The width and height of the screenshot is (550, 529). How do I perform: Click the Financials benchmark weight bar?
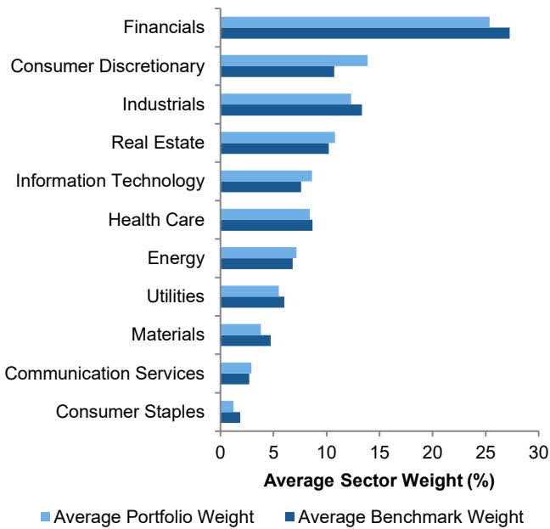[365, 33]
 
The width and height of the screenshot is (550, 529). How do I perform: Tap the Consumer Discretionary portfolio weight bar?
[294, 60]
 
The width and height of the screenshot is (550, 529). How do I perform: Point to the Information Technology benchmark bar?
[261, 187]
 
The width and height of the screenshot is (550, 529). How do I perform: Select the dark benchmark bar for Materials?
[245, 340]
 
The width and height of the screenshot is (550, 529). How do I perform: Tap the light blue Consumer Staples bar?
[227, 407]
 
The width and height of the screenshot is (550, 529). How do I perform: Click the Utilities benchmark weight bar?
[252, 301]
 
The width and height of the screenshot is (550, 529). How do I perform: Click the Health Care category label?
[156, 220]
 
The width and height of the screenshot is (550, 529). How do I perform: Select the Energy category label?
[175, 258]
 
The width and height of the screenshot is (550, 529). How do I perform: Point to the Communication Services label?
[104, 374]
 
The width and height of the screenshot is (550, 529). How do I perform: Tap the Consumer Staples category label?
[130, 412]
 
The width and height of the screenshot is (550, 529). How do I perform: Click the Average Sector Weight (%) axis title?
[379, 480]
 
